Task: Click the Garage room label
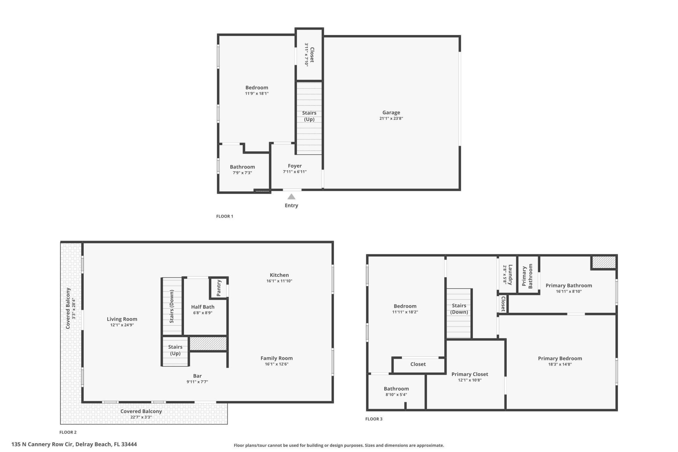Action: point(391,113)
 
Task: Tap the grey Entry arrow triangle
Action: point(291,197)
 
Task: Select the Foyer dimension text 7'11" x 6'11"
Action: point(295,172)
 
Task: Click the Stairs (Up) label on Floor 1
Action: point(309,116)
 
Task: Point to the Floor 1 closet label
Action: point(311,54)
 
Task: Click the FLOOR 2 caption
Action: point(68,432)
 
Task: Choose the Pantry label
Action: point(219,288)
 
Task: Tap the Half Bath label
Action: point(203,307)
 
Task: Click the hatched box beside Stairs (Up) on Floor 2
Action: point(208,344)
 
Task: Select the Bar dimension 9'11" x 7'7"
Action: point(197,382)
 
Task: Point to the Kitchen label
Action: point(279,275)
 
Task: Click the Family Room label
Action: point(276,358)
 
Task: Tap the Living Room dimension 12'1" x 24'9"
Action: point(122,325)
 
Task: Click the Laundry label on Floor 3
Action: point(510,275)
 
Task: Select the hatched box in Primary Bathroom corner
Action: point(603,262)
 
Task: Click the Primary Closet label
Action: point(470,374)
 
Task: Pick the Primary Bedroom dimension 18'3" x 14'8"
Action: point(560,364)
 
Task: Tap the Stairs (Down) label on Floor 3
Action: point(459,309)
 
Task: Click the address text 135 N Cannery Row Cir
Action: point(74,444)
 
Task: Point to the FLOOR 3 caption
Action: point(374,419)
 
